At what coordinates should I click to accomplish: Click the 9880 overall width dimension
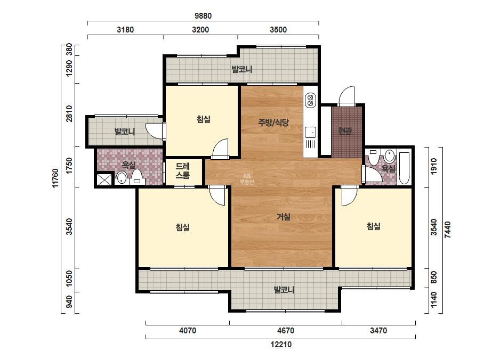point(203,15)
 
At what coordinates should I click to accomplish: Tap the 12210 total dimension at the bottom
point(281,345)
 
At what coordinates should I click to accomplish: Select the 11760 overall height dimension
point(55,178)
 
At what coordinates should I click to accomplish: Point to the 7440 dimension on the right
point(448,230)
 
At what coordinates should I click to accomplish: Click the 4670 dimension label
point(286,331)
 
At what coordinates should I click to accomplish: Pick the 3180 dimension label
point(125,30)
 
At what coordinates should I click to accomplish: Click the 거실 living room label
point(284,217)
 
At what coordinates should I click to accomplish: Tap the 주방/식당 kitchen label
point(273,122)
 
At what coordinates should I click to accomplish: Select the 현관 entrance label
point(345,131)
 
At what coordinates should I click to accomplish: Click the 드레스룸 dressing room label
point(183,171)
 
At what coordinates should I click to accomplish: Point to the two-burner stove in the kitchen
point(310,100)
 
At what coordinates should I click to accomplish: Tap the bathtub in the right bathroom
point(404,168)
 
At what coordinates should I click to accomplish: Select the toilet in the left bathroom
point(136,177)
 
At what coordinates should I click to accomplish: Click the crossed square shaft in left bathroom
point(104,179)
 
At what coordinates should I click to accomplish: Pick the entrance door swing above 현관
point(346,96)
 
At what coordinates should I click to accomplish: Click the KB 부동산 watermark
point(247,179)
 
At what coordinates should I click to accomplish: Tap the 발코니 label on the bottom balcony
point(284,290)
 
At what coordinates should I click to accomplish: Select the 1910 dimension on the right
point(434,166)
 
